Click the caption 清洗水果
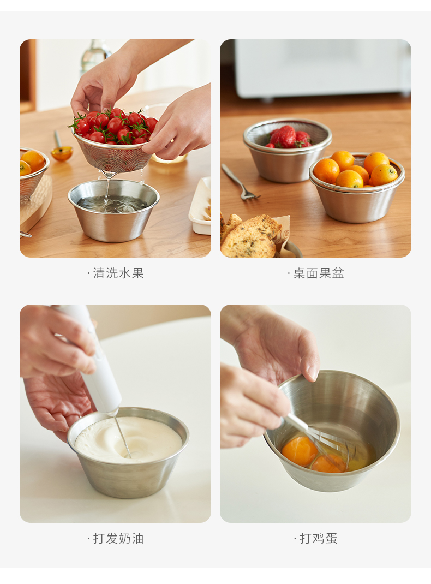(118, 273)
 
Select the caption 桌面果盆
(318, 273)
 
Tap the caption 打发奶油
(118, 538)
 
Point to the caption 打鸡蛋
(318, 538)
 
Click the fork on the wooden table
(239, 182)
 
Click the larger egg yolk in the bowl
(300, 451)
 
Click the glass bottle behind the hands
(95, 56)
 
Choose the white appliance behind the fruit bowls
(322, 69)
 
